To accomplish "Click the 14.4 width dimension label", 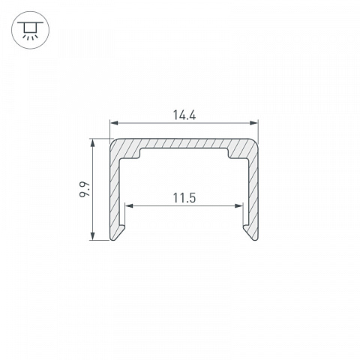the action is pyautogui.click(x=184, y=115).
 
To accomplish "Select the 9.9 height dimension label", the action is pyautogui.click(x=85, y=190).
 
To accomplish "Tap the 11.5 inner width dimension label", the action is pyautogui.click(x=184, y=198).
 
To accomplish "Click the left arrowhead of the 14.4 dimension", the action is pyautogui.click(x=114, y=123).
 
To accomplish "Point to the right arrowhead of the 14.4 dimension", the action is pyautogui.click(x=253, y=123).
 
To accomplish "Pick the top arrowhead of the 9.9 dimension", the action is pyautogui.click(x=92, y=142).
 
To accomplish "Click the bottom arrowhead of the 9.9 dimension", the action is pyautogui.click(x=92, y=236).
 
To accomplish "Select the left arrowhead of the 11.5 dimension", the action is pyautogui.click(x=129, y=205).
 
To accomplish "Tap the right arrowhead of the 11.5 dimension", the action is pyautogui.click(x=238, y=205).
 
